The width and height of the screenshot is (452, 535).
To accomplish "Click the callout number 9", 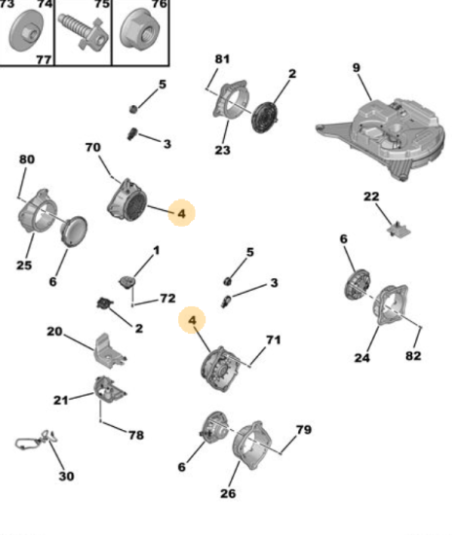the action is click(x=356, y=67).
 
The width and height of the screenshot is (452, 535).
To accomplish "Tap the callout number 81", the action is click(x=222, y=59).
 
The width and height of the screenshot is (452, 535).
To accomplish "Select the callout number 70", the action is click(x=93, y=148).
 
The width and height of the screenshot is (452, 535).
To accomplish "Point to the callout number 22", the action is click(x=371, y=196).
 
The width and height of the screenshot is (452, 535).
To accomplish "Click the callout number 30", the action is click(x=66, y=476).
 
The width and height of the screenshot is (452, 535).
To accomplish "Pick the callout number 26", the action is click(x=228, y=493).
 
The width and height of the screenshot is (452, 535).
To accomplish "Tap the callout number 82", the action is click(x=413, y=356).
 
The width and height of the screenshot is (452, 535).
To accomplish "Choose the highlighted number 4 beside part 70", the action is click(x=181, y=214).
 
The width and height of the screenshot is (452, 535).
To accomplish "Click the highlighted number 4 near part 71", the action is click(x=192, y=320).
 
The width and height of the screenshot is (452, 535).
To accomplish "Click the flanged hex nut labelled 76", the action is click(x=139, y=30).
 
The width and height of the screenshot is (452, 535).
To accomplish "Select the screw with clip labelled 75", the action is click(x=84, y=31).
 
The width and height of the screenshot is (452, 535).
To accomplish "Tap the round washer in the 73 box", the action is click(x=26, y=31).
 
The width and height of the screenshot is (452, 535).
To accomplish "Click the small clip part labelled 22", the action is click(x=398, y=230).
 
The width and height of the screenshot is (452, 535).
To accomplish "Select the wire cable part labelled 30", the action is click(x=36, y=440).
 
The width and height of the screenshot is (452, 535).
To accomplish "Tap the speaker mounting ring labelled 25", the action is click(x=37, y=211).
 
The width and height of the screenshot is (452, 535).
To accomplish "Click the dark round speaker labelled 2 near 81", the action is click(x=265, y=117).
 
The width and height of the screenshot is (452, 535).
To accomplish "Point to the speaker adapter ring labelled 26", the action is click(x=252, y=446).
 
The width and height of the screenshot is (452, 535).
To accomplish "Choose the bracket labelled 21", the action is click(x=109, y=390).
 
